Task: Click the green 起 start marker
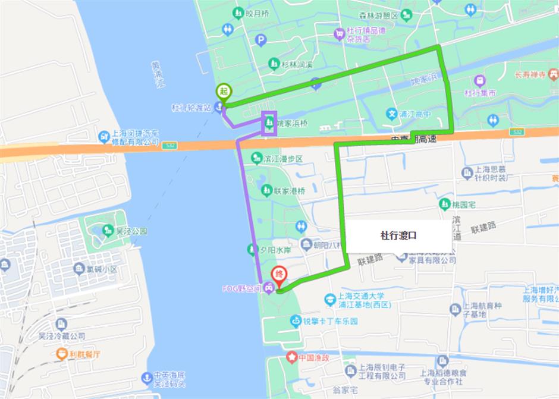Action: pos(224,91)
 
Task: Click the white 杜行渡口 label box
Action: pos(398,235)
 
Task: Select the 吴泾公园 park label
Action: pos(131,230)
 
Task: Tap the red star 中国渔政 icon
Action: pos(292,357)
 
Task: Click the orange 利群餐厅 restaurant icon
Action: pos(61,353)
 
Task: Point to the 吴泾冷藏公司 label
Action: pos(62,335)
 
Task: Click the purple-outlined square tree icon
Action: pos(269,124)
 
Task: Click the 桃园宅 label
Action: pos(463,204)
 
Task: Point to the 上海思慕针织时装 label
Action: pos(491,177)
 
